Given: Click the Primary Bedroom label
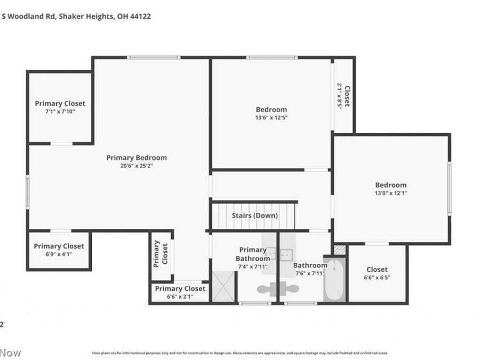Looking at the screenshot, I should click(137, 157).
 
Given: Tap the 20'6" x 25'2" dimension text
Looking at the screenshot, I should click(137, 165).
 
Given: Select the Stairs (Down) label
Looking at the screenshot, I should click(254, 215).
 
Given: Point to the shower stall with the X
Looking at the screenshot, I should click(223, 286).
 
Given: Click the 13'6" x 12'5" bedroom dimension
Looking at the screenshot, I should click(271, 117).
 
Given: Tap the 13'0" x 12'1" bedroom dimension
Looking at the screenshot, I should click(390, 193).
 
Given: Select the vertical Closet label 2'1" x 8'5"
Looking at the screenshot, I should click(343, 96).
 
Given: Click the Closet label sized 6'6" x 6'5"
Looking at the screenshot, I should click(377, 269).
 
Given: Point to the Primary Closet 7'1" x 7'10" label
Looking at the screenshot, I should click(60, 103).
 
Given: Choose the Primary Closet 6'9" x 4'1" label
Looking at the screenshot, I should click(59, 246).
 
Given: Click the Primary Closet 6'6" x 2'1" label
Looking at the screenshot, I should click(180, 289).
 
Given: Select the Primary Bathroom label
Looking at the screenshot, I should click(253, 254).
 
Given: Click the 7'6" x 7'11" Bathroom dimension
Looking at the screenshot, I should click(310, 274).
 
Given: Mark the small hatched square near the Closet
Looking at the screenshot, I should click(339, 249).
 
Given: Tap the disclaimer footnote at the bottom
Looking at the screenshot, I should click(240, 353).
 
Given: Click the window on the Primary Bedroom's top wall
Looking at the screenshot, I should click(154, 57).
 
